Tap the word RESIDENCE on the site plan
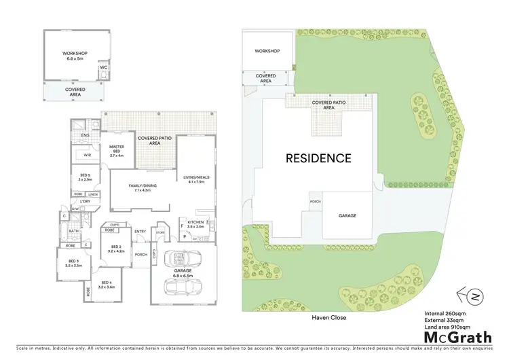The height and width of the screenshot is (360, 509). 318,158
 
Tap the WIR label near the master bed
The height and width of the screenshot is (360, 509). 87,156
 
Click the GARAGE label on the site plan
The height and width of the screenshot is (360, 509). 347,215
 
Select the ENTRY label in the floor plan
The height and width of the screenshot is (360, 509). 140,232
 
